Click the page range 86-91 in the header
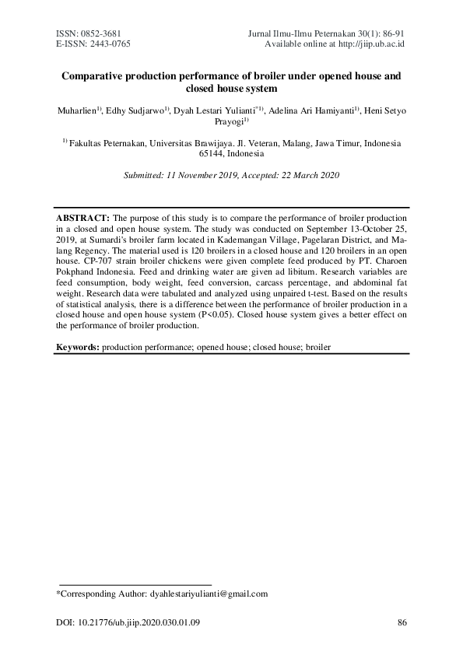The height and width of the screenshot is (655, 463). [394, 34]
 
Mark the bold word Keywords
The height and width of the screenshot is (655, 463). [77, 347]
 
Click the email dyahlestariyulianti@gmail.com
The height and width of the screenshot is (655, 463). [209, 594]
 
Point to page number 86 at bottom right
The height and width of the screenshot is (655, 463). [402, 622]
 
